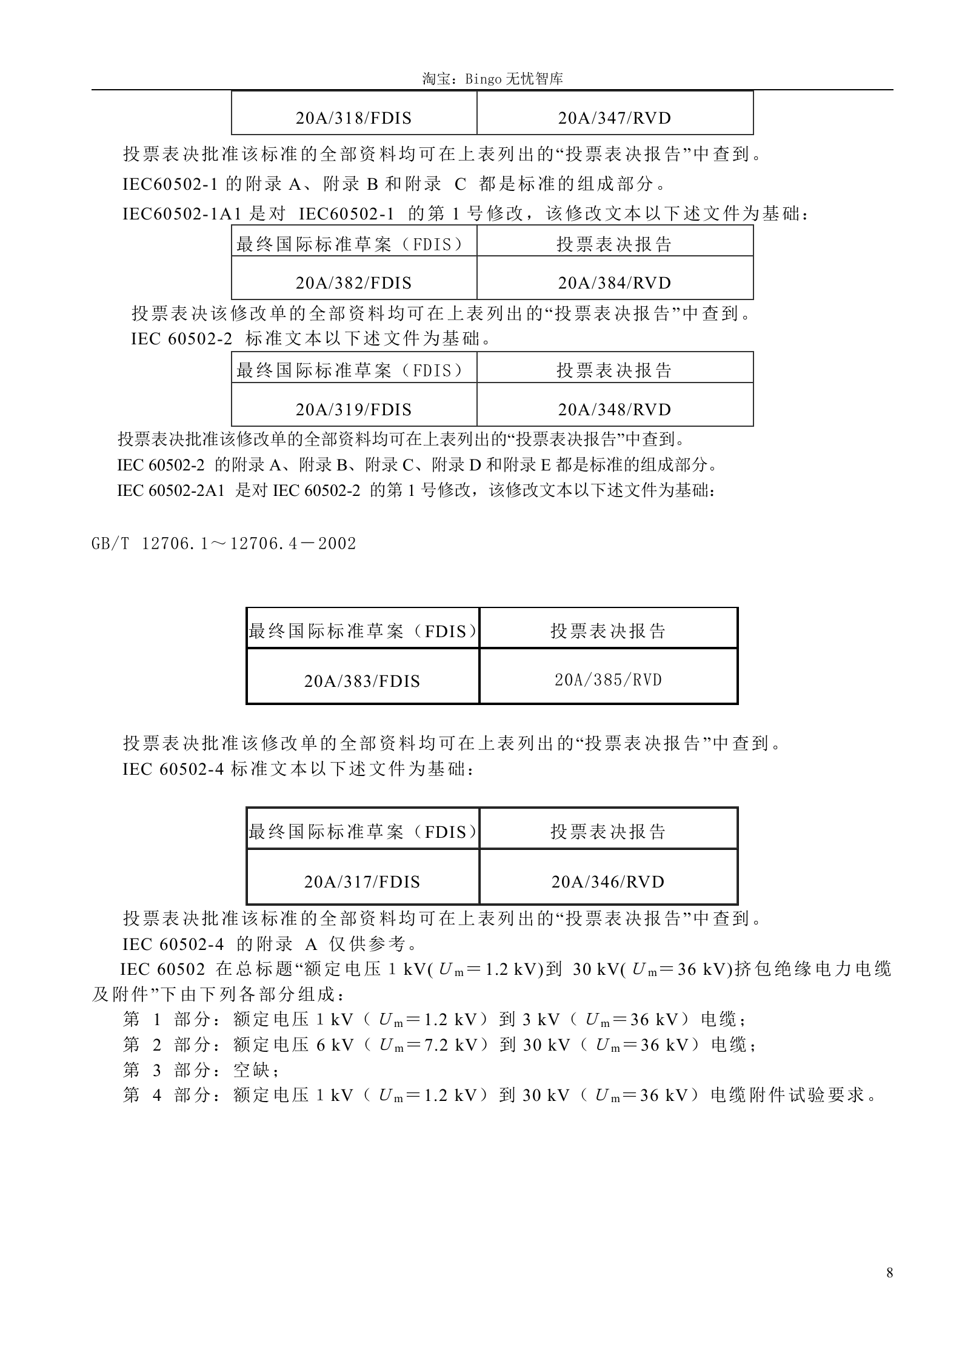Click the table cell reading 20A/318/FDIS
(353, 118)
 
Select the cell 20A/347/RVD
(615, 118)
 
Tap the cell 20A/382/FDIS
(353, 283)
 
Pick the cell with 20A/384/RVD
(615, 283)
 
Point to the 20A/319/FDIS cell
(353, 410)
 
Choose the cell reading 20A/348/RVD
(615, 410)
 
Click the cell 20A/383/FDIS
(362, 681)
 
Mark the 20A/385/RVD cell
(608, 680)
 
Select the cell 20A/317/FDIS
(362, 881)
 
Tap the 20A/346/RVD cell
(608, 881)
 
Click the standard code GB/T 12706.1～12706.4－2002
(224, 543)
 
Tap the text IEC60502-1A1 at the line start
(183, 213)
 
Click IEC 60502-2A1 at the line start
(171, 490)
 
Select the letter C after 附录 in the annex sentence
(460, 184)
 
